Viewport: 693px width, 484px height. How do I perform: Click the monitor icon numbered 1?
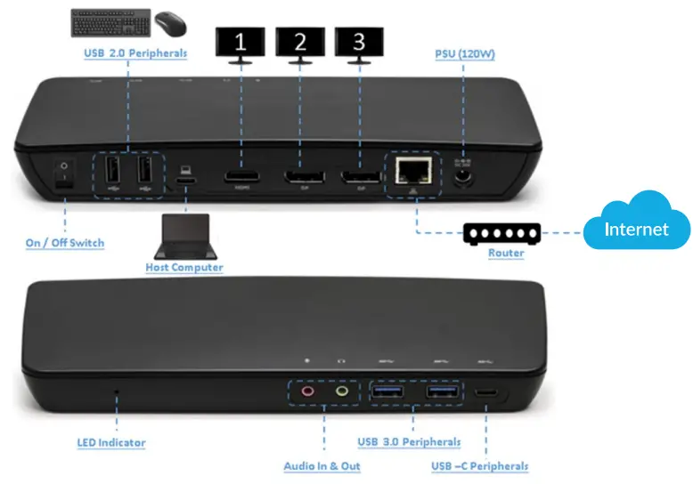click(x=239, y=41)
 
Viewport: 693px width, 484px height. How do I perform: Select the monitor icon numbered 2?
click(x=299, y=41)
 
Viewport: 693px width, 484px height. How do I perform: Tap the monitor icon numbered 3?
click(x=359, y=41)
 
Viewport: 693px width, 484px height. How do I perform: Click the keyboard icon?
click(x=110, y=21)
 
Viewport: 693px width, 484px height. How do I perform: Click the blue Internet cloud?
click(x=636, y=227)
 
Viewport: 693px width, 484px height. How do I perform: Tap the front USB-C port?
click(x=486, y=391)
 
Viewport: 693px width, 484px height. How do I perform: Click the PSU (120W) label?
click(x=465, y=54)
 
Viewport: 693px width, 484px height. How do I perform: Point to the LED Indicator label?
click(x=110, y=442)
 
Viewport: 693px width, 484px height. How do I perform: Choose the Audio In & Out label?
click(x=322, y=466)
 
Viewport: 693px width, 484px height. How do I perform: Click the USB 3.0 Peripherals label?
click(x=409, y=442)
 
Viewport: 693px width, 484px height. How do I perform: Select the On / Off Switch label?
click(x=64, y=243)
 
